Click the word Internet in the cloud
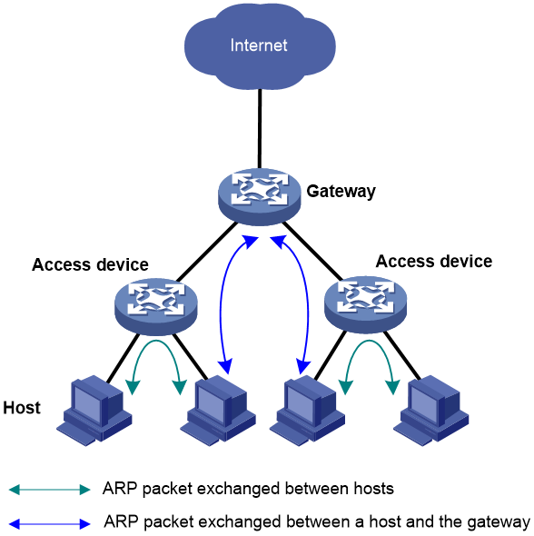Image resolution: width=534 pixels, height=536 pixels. coord(259,45)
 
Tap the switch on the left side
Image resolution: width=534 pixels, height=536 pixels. coord(155,306)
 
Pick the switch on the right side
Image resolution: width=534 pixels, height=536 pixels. coord(365,303)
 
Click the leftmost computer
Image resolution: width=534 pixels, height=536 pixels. coord(94,410)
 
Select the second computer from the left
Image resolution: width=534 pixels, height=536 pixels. coord(217,410)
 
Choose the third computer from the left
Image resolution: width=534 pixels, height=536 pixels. coord(307,410)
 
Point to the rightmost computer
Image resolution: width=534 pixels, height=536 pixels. coord(430,410)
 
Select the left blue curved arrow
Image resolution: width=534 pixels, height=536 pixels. coord(221,304)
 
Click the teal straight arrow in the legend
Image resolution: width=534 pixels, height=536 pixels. coord(50,490)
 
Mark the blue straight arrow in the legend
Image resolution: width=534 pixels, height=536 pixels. coord(50,524)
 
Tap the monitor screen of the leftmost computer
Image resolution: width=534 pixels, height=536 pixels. coord(86,401)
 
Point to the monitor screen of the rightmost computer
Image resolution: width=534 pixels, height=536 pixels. coord(423,401)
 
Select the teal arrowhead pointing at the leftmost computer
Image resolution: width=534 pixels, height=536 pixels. coord(133,387)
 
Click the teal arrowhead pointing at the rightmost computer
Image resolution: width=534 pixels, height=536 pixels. coord(393,387)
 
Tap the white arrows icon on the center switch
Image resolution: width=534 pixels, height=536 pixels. coord(259,188)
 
